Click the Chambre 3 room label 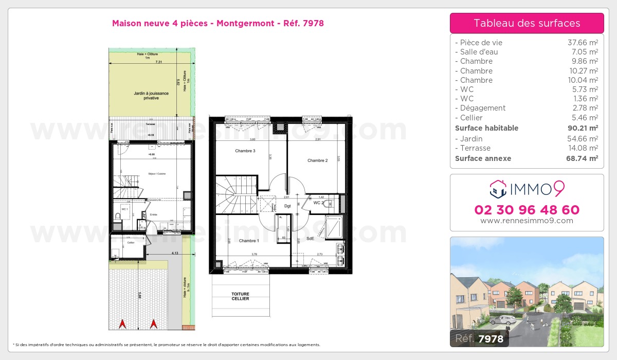click(245, 151)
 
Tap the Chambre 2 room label click(317, 160)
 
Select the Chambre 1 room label click(249, 241)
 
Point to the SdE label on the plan click(310, 239)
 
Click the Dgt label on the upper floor click(287, 206)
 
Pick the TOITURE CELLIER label click(240, 296)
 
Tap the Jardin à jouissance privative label click(148, 96)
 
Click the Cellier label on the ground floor click(131, 243)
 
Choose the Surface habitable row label click(486, 128)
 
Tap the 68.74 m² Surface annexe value click(582, 158)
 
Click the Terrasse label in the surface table click(476, 148)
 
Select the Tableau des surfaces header click(527, 23)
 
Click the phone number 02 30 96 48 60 click(527, 210)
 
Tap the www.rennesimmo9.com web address click(527, 221)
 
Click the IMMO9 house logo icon click(498, 189)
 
